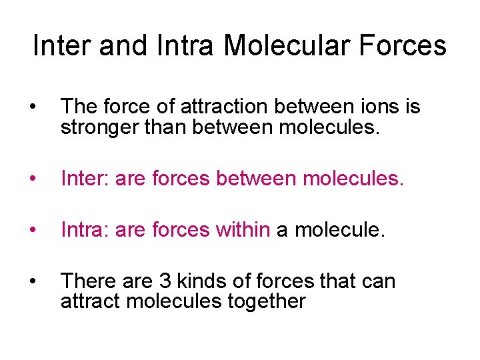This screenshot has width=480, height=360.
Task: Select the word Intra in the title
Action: (x=186, y=45)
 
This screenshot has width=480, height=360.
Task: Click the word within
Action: (x=243, y=231)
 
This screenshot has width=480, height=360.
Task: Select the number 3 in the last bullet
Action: (x=163, y=281)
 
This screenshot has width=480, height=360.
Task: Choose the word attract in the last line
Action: (x=90, y=301)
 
